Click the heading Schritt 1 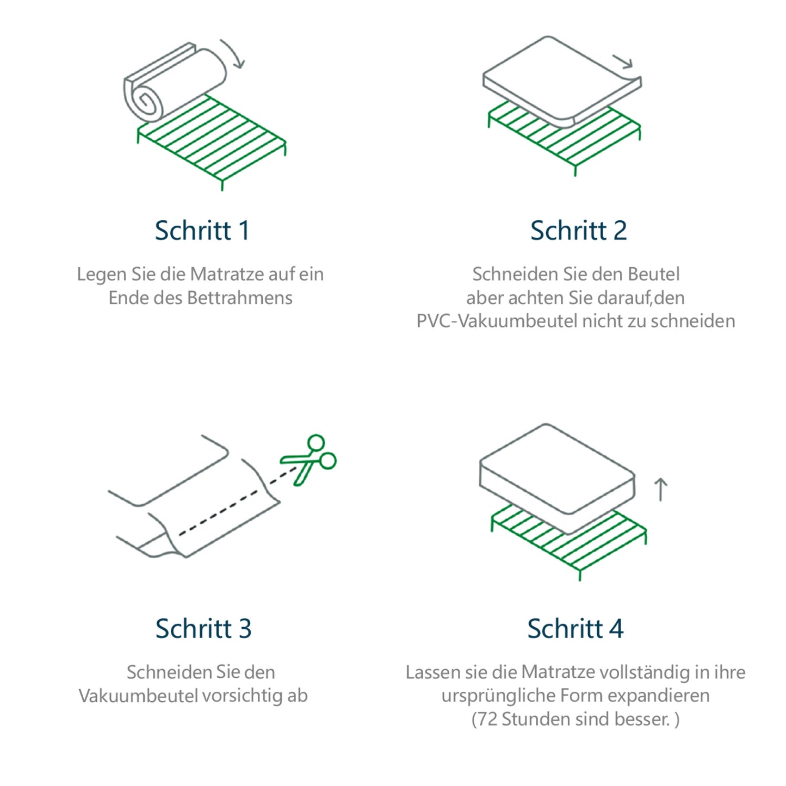(x=202, y=230)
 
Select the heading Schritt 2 (x=578, y=230)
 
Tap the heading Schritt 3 (x=203, y=628)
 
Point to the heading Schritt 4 (x=575, y=628)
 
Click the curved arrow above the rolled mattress (x=234, y=54)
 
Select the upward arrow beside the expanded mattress (x=660, y=489)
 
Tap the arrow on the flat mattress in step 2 (x=623, y=62)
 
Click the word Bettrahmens (x=239, y=298)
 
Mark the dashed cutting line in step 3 (x=234, y=503)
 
